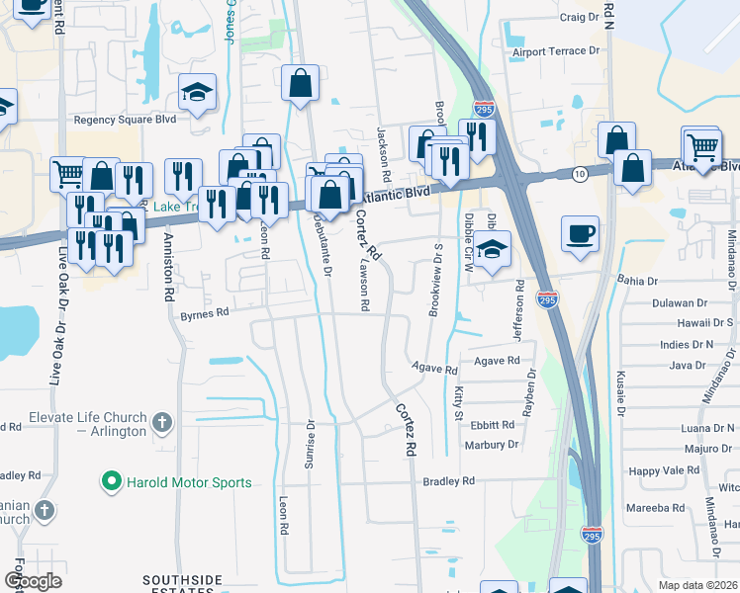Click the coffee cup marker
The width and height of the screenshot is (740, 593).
580,234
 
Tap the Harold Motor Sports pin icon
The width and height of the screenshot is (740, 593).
112,482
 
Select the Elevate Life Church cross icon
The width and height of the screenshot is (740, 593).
163,424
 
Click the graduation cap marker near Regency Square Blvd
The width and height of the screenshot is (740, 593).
198,94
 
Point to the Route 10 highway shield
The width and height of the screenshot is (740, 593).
579,174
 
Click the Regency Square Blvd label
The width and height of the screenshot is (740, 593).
125,120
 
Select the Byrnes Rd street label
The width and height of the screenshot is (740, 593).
205,313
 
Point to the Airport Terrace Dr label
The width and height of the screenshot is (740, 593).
556,51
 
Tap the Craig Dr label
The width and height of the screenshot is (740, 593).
580,17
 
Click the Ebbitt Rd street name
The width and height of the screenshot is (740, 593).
493,425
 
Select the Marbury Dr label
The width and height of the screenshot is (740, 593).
492,445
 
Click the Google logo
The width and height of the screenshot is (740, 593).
33,581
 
